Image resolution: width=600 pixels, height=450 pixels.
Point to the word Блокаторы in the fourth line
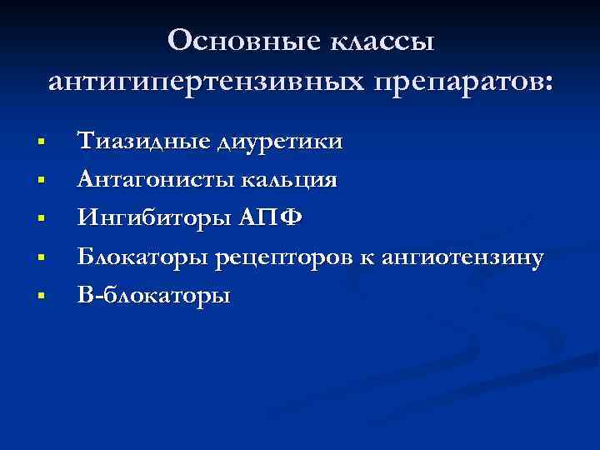[x=142, y=257]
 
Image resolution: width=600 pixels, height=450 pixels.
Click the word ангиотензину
[x=464, y=257]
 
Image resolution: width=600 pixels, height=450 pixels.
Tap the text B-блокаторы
[x=153, y=296]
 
